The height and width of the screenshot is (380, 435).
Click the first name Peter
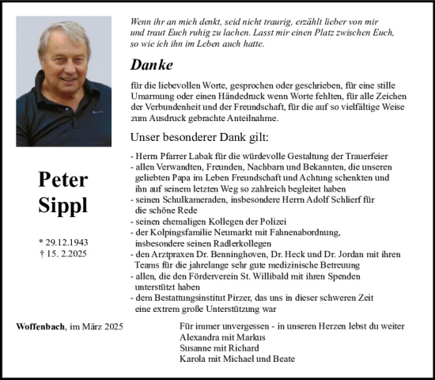coord(62,180)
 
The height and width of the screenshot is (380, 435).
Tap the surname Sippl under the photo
coord(62,205)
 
